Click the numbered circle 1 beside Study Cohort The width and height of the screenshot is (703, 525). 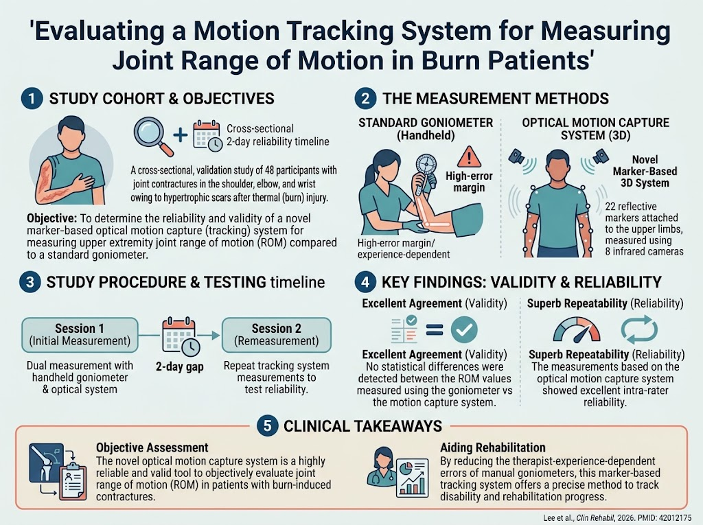(32, 99)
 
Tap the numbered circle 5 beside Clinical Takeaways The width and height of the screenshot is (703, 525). (268, 425)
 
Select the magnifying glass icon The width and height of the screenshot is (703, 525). (153, 137)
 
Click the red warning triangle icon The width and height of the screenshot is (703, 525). (469, 156)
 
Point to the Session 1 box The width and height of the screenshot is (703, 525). (80, 335)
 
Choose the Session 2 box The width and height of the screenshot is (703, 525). (277, 335)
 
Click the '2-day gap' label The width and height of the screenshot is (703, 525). (180, 366)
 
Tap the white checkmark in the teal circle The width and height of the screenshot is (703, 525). (464, 329)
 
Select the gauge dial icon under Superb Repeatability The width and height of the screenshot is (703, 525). (577, 329)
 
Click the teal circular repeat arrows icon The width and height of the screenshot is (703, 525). (639, 329)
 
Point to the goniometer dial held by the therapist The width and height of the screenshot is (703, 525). (426, 168)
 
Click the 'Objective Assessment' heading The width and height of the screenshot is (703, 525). (152, 447)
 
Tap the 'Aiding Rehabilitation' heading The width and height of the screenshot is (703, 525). (493, 447)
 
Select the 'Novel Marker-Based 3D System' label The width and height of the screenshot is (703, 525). (645, 172)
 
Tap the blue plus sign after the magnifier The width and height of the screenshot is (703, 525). (181, 135)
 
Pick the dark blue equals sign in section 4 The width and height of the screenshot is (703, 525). (434, 330)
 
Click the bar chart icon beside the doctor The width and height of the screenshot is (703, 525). (413, 478)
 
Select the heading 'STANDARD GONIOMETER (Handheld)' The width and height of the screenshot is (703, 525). (426, 129)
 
